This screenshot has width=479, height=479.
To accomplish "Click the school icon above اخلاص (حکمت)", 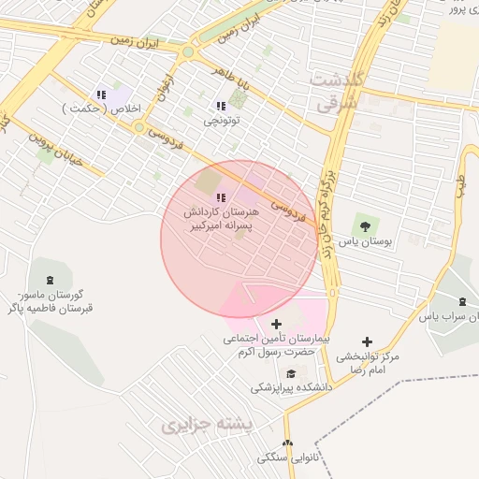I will coord(100,94).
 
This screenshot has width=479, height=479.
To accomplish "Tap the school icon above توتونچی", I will coord(221,107).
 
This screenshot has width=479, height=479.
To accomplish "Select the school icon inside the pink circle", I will coord(221,197).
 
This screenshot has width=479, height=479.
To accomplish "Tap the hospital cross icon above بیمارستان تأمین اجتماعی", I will coord(275,324).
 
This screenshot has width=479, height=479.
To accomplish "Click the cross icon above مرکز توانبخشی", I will coord(367,342).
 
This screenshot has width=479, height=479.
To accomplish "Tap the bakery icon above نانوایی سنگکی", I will coord(287,443).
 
